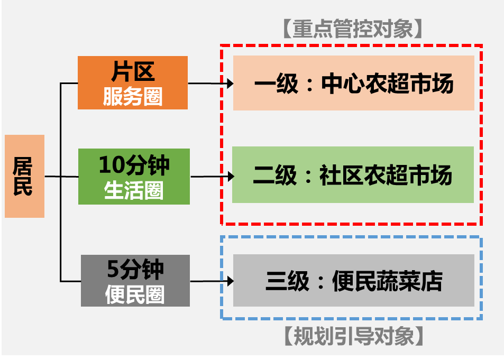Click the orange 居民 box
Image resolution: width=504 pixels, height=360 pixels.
click(24, 176)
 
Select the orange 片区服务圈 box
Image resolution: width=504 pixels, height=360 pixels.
click(133, 82)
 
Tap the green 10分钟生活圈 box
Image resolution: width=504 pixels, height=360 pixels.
click(134, 177)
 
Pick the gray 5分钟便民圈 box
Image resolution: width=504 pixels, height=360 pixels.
click(135, 281)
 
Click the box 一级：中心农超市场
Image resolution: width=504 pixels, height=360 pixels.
click(353, 84)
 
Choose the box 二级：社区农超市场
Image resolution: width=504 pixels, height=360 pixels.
click(353, 175)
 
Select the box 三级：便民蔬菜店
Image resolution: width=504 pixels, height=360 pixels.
click(353, 281)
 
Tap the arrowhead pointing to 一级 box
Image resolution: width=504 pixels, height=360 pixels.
click(230, 83)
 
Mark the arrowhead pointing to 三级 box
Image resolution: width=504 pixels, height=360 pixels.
click(230, 281)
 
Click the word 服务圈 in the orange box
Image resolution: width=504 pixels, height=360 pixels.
click(133, 97)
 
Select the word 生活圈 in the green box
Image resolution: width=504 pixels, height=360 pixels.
click(134, 190)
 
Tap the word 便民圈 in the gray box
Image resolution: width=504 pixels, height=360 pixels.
click(135, 294)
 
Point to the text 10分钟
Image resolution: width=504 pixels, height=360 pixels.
click(134, 165)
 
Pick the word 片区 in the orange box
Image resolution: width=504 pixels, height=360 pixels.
click(133, 70)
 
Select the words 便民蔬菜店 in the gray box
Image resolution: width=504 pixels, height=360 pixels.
click(387, 281)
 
